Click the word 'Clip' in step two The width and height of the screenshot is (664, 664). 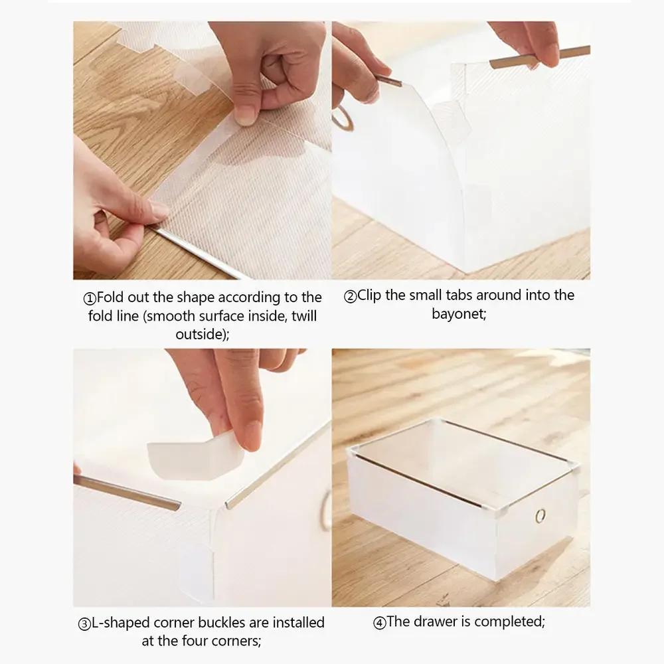[x=369, y=295]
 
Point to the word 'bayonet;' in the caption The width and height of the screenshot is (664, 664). [x=459, y=313]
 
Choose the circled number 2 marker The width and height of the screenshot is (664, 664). [x=350, y=296]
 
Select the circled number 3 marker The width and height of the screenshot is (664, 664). [x=84, y=624]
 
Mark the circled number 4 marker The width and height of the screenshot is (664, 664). [x=379, y=623]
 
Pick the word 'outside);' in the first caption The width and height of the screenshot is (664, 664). [x=203, y=334]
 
